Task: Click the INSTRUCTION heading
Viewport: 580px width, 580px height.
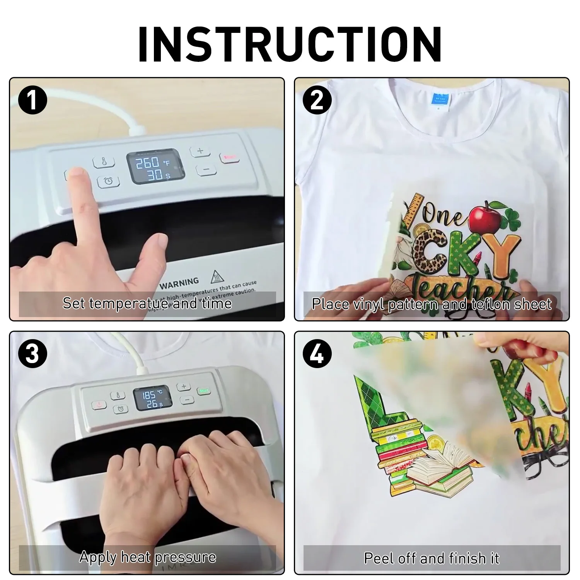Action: tap(290, 44)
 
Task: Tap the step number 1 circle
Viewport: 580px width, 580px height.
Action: tap(33, 100)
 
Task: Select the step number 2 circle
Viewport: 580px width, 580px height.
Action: tap(317, 100)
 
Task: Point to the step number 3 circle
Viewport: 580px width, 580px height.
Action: tap(33, 354)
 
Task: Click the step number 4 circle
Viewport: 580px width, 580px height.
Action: tap(317, 354)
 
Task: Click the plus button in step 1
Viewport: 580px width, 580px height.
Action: tap(200, 151)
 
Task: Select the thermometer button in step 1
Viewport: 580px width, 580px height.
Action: tap(104, 162)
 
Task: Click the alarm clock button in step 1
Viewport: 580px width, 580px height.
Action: tap(109, 181)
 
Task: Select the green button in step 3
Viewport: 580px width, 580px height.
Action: tap(204, 391)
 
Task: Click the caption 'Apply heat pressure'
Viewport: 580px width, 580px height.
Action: tap(147, 557)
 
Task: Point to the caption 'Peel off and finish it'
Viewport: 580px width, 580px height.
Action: tap(432, 558)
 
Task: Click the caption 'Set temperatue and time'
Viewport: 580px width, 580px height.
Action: tap(147, 303)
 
